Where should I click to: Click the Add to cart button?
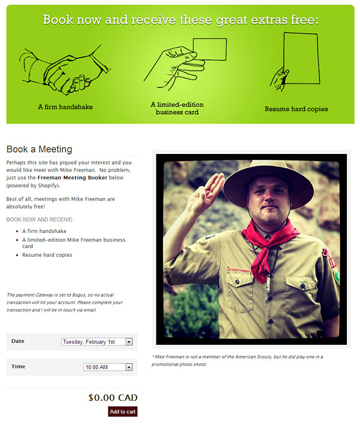123,411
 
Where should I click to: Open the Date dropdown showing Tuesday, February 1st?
96,342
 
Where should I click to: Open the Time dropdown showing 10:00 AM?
107,367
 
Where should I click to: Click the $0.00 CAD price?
112,398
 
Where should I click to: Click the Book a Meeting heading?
39,149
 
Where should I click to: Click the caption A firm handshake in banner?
65,108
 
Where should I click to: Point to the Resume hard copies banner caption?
296,109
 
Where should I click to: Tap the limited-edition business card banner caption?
177,108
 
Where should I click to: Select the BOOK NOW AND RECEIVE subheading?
40,219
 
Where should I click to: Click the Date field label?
18,341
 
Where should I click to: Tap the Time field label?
18,367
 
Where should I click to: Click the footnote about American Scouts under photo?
238,360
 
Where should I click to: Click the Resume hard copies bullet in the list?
47,255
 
